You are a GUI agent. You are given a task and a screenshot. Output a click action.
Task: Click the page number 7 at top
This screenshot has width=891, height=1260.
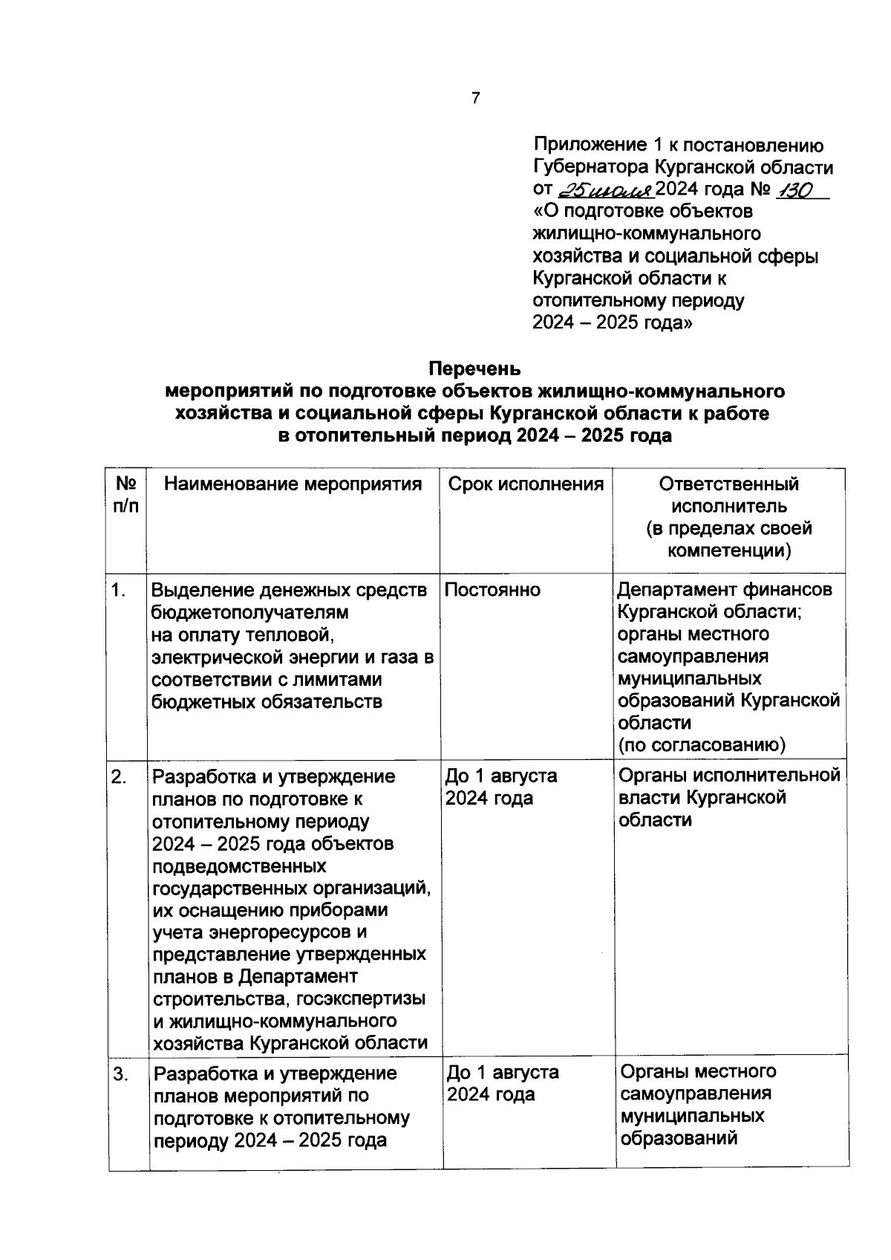pos(475,98)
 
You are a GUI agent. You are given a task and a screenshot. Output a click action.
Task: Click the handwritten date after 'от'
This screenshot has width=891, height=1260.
pos(605,189)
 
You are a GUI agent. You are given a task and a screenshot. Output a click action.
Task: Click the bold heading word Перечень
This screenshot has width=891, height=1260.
pos(474,368)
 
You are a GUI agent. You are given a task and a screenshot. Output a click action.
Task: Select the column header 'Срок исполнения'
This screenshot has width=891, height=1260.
pos(526,484)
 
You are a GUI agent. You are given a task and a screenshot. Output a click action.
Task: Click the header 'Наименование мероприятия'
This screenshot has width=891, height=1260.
pos(293,484)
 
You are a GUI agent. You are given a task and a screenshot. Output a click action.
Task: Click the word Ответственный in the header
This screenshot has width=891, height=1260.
pos(728,484)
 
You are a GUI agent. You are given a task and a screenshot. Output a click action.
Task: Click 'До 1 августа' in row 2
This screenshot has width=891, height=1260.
pos(501,776)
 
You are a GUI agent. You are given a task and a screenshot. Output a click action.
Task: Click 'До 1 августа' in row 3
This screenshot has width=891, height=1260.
pos(503,1073)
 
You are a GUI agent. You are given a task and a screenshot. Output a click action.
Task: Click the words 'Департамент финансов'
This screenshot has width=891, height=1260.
pos(725,590)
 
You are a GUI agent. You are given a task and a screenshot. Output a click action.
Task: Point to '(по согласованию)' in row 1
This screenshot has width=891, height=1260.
pos(702,745)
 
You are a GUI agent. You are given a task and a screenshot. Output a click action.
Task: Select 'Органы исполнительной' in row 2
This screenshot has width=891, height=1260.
pos(729,776)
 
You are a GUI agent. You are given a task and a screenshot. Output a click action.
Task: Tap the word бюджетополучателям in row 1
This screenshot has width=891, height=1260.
pos(249,612)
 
